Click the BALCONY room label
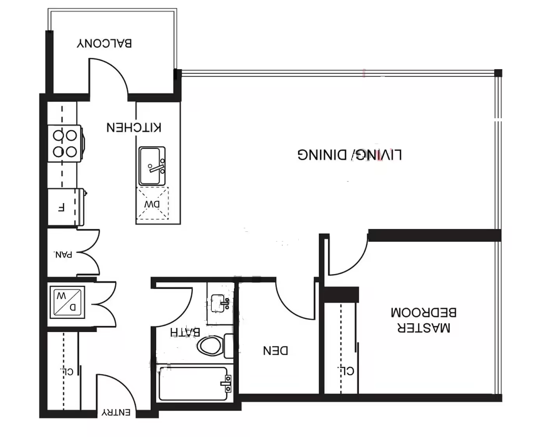tap(104, 43)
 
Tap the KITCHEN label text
tap(134, 127)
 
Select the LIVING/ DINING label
tap(350, 155)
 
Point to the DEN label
tap(275, 350)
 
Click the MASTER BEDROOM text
tap(423, 320)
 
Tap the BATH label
tap(185, 332)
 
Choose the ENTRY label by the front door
tap(116, 412)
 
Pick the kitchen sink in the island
tap(152, 166)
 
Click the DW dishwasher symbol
tap(152, 203)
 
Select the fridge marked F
tap(67, 207)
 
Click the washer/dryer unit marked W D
tap(67, 302)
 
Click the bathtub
tap(194, 384)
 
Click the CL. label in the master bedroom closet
tap(345, 370)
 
